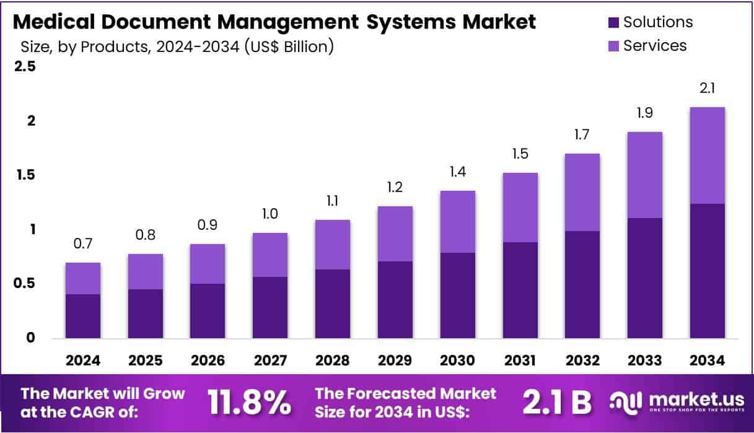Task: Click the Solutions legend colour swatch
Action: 613,23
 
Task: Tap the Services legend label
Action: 655,45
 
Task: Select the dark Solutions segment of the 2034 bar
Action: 707,271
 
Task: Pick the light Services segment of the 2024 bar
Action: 83,278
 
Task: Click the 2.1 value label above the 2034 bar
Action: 707,89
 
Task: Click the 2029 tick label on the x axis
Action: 395,361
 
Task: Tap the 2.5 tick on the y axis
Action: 25,66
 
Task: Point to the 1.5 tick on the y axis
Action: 25,175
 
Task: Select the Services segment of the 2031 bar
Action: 520,207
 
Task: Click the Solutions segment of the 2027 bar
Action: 270,307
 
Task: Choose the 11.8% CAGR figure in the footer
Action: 250,403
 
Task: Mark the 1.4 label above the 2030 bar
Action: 458,173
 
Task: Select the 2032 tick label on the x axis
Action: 582,361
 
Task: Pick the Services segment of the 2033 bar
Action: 644,175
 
